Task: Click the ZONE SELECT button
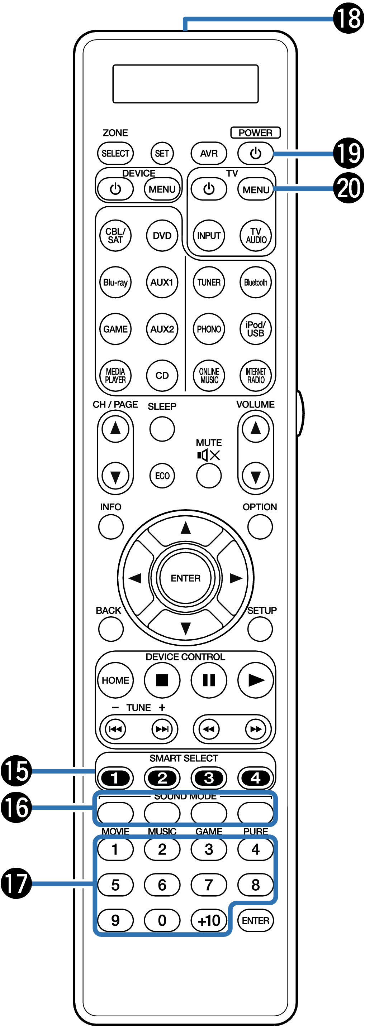click(x=115, y=153)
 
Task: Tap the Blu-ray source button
click(x=115, y=283)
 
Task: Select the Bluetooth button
click(x=256, y=283)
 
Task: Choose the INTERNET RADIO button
click(x=256, y=376)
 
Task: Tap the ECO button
click(x=162, y=476)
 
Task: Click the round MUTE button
click(x=209, y=476)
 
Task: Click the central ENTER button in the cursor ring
click(x=185, y=578)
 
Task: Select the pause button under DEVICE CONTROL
click(x=209, y=680)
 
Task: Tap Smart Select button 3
click(x=209, y=778)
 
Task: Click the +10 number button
click(x=209, y=920)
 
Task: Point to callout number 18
click(x=348, y=18)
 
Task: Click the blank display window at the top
click(x=185, y=84)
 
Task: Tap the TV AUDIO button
click(x=256, y=236)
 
